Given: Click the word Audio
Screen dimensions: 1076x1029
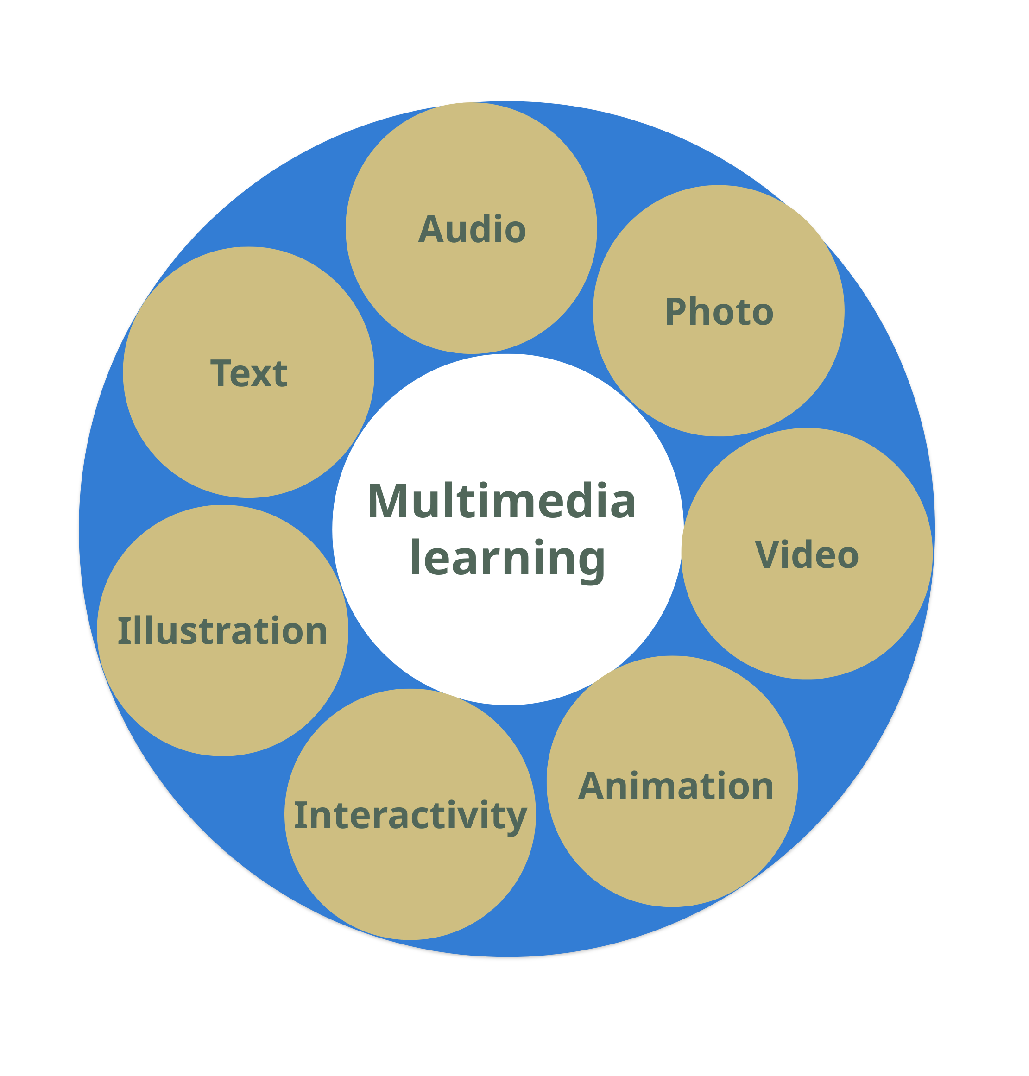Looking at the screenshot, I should [472, 229].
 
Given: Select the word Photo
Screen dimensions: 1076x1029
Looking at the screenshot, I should [719, 312].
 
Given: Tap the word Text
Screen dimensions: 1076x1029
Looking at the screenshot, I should [248, 373].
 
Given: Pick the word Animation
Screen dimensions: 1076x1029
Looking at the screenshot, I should [676, 786].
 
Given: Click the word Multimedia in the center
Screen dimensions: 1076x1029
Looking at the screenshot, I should [501, 500].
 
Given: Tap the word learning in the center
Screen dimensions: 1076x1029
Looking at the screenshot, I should [507, 558].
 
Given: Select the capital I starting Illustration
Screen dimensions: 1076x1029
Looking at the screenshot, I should [123, 631].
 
